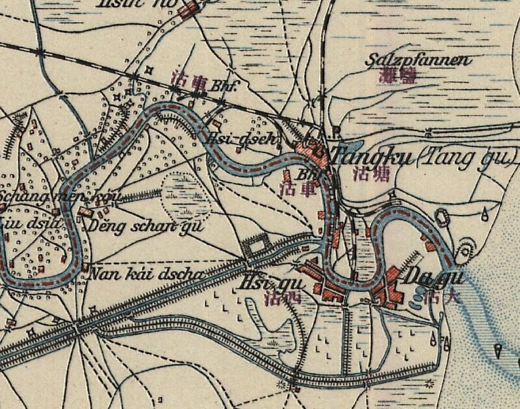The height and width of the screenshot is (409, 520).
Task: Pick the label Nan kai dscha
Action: click(x=140, y=273)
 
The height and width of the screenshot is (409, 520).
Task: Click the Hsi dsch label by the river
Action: click(x=241, y=138)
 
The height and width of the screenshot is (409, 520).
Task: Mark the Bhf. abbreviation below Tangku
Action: click(x=306, y=174)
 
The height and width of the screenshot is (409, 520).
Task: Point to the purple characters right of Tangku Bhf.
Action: click(x=367, y=173)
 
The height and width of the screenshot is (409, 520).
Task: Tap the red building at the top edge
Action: click(x=188, y=9)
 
